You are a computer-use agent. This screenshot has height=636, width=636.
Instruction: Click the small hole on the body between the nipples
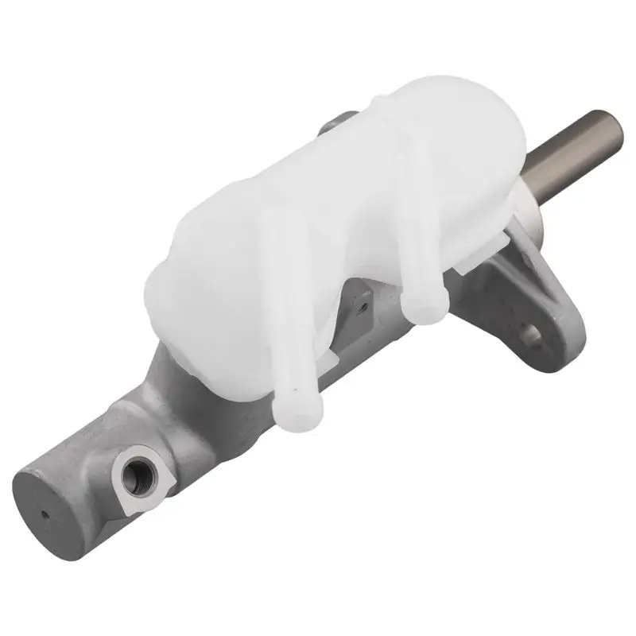(362, 301)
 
